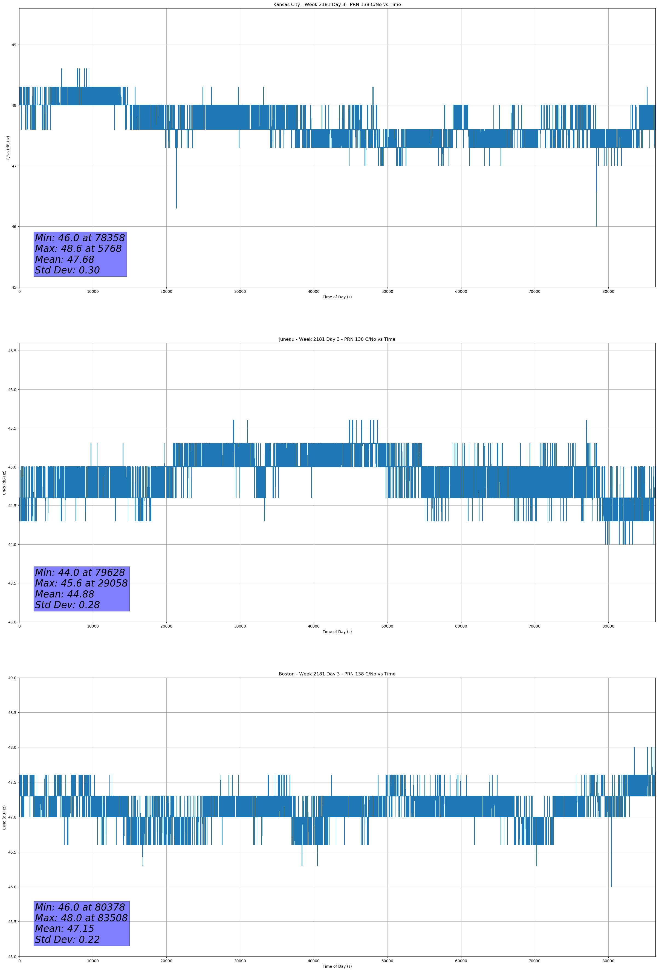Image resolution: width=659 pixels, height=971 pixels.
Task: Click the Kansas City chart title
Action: coord(337,5)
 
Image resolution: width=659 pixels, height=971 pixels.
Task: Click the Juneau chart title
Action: coord(337,339)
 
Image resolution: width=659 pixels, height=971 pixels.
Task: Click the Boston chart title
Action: coord(337,674)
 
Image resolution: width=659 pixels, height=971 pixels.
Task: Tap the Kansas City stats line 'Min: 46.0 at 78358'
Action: coord(80,238)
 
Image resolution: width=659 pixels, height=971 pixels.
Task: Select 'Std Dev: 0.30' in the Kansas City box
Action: coord(67,270)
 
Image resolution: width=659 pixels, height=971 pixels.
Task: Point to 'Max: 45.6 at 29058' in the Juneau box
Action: coord(81,583)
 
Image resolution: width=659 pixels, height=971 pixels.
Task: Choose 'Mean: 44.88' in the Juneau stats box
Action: coord(64,594)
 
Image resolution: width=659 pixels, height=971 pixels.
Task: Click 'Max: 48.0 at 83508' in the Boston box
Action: coord(81,918)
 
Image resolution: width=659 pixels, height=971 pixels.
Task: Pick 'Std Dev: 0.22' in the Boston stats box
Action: coord(67,940)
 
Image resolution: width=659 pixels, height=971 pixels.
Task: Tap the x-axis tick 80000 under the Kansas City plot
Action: coord(608,292)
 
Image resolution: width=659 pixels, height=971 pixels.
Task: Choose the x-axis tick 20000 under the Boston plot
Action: coord(166,961)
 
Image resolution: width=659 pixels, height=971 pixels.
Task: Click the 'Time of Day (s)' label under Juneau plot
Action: coord(337,632)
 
